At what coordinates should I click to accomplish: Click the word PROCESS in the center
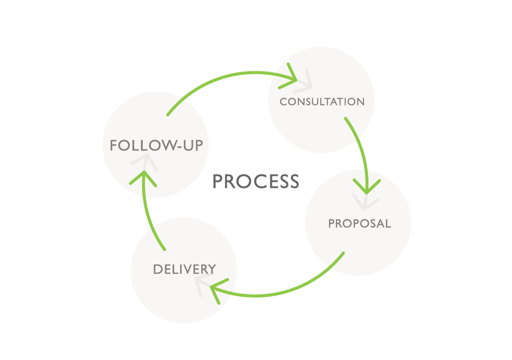point(256,181)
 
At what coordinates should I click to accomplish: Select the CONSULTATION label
point(322,102)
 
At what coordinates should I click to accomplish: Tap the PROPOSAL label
point(360,223)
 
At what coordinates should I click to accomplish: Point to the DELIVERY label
point(184,269)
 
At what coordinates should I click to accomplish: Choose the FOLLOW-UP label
point(156,145)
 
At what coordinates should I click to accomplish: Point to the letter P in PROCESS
point(218,181)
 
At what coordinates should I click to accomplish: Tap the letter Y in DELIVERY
point(212,269)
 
